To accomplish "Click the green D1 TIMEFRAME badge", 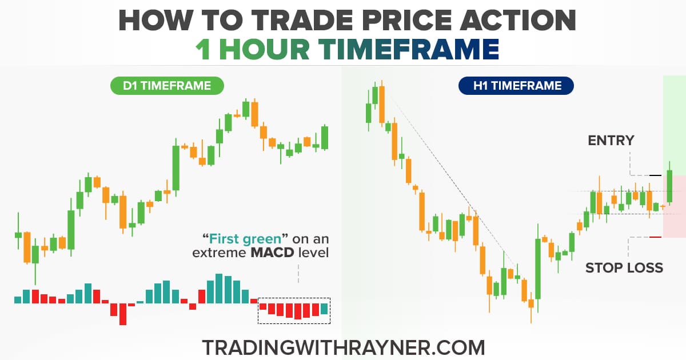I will click(167, 86).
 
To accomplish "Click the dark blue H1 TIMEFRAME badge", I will click(516, 86).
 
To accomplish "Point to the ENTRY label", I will click(611, 140).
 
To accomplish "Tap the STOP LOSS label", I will click(624, 267).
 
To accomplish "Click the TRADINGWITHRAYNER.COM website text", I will click(343, 347).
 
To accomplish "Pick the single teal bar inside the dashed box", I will click(325, 309).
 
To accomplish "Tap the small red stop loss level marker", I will click(655, 237).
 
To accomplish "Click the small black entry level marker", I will click(655, 175).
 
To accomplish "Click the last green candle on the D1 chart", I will click(325, 137).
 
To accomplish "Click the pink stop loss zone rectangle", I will click(675, 206).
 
